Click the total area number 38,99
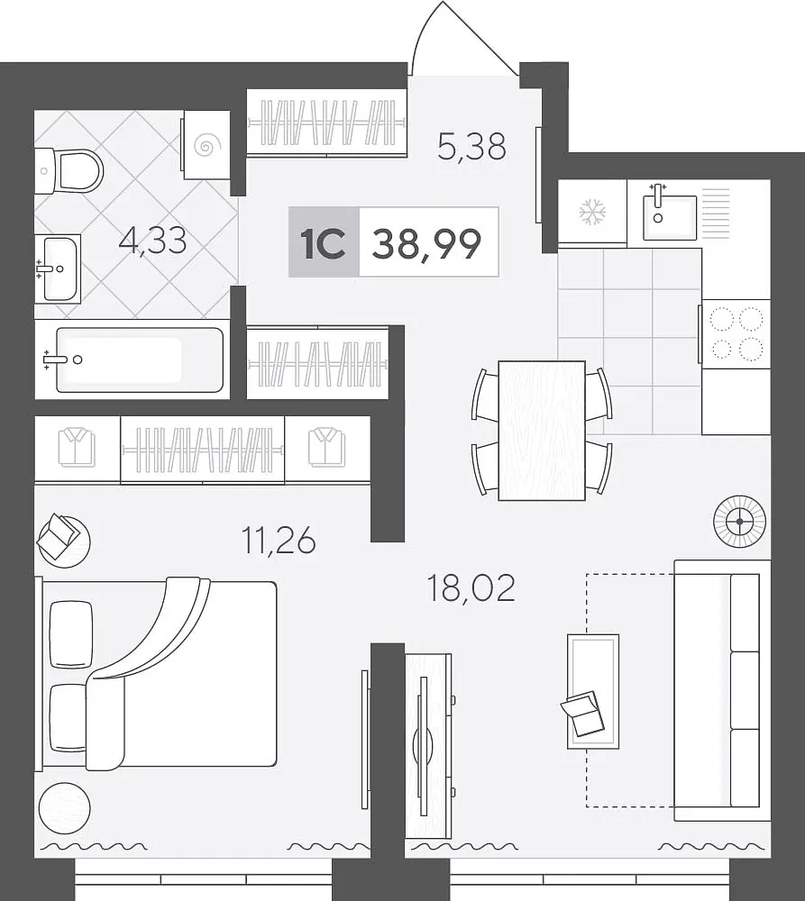click(426, 243)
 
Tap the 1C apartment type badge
click(324, 242)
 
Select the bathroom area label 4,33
click(152, 241)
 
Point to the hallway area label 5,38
click(471, 147)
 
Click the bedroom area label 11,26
click(279, 541)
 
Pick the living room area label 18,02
click(471, 587)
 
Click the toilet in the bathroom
click(69, 170)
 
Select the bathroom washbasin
click(59, 268)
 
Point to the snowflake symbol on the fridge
click(592, 212)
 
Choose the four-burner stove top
click(736, 334)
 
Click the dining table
click(542, 431)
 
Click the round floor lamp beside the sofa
click(739, 522)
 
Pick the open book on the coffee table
click(583, 713)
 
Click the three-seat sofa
click(722, 690)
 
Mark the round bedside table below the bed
click(64, 807)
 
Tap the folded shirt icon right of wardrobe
click(326, 447)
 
